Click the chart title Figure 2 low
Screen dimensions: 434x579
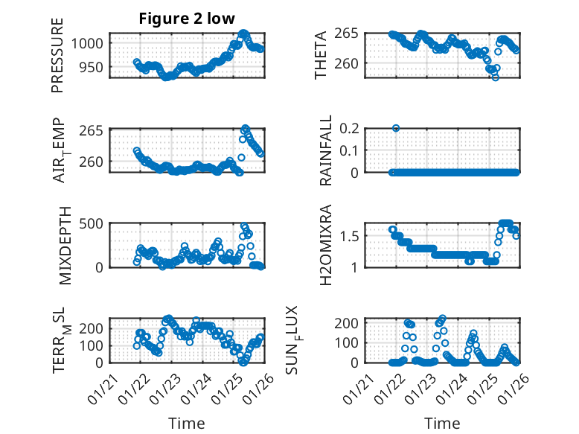pyautogui.click(x=187, y=19)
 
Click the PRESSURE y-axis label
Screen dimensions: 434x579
pyautogui.click(x=58, y=55)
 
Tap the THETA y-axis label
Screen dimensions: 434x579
pyautogui.click(x=321, y=55)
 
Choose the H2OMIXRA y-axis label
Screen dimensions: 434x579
pyautogui.click(x=325, y=245)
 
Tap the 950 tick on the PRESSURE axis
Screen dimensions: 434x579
pyautogui.click(x=95, y=67)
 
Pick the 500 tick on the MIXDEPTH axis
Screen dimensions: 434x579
pyautogui.click(x=95, y=223)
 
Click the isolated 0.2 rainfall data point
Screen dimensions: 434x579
pyautogui.click(x=396, y=128)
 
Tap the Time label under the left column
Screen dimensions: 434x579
pyautogui.click(x=187, y=423)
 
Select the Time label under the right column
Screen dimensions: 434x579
pyautogui.click(x=442, y=423)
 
